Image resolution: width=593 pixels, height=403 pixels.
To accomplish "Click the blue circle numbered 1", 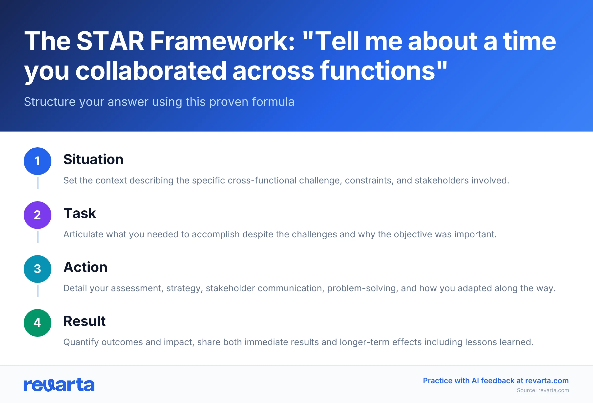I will (38, 161).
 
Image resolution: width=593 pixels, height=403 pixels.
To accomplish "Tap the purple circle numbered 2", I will (38, 215).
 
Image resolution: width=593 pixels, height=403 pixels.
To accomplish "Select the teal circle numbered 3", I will (38, 269).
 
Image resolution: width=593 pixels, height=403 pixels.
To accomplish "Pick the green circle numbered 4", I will (38, 323).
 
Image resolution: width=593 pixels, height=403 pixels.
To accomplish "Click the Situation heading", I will (93, 159).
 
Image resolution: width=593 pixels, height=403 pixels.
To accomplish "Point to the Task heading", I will (80, 213).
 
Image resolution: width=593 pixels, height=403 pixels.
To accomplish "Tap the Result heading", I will (84, 321).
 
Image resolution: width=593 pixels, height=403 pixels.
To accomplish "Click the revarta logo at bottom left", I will (59, 385).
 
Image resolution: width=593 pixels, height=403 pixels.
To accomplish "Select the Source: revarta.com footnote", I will (543, 390).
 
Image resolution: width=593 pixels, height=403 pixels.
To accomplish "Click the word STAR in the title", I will (110, 41).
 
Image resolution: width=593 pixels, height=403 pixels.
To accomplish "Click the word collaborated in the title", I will (151, 71).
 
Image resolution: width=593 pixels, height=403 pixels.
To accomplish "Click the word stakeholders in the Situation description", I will (442, 180).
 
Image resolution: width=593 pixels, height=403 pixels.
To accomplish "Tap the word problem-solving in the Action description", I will (362, 288).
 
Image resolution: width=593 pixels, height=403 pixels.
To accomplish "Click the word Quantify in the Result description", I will (81, 342).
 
